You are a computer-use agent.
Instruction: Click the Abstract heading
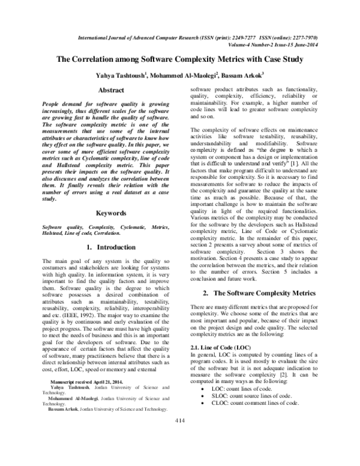point(111,90)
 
